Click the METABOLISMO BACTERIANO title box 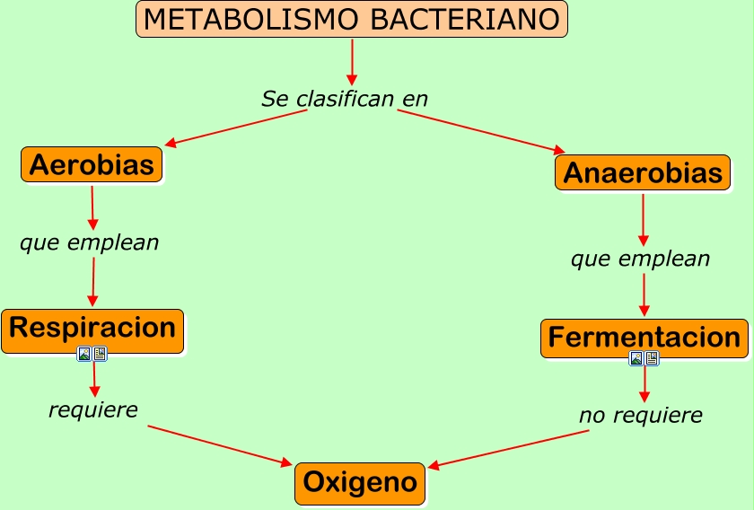click(352, 19)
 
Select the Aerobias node click(92, 164)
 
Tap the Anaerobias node click(642, 172)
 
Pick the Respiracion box click(92, 329)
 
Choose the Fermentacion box click(644, 339)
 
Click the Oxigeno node click(360, 483)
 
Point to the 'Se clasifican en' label click(345, 99)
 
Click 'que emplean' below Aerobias click(89, 242)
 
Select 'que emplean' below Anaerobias click(640, 259)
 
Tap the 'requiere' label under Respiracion click(93, 410)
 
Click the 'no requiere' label click(640, 416)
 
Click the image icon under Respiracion click(84, 354)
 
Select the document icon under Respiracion click(100, 354)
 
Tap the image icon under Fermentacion click(636, 358)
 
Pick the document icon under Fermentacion click(652, 358)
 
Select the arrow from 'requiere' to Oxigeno click(220, 445)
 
